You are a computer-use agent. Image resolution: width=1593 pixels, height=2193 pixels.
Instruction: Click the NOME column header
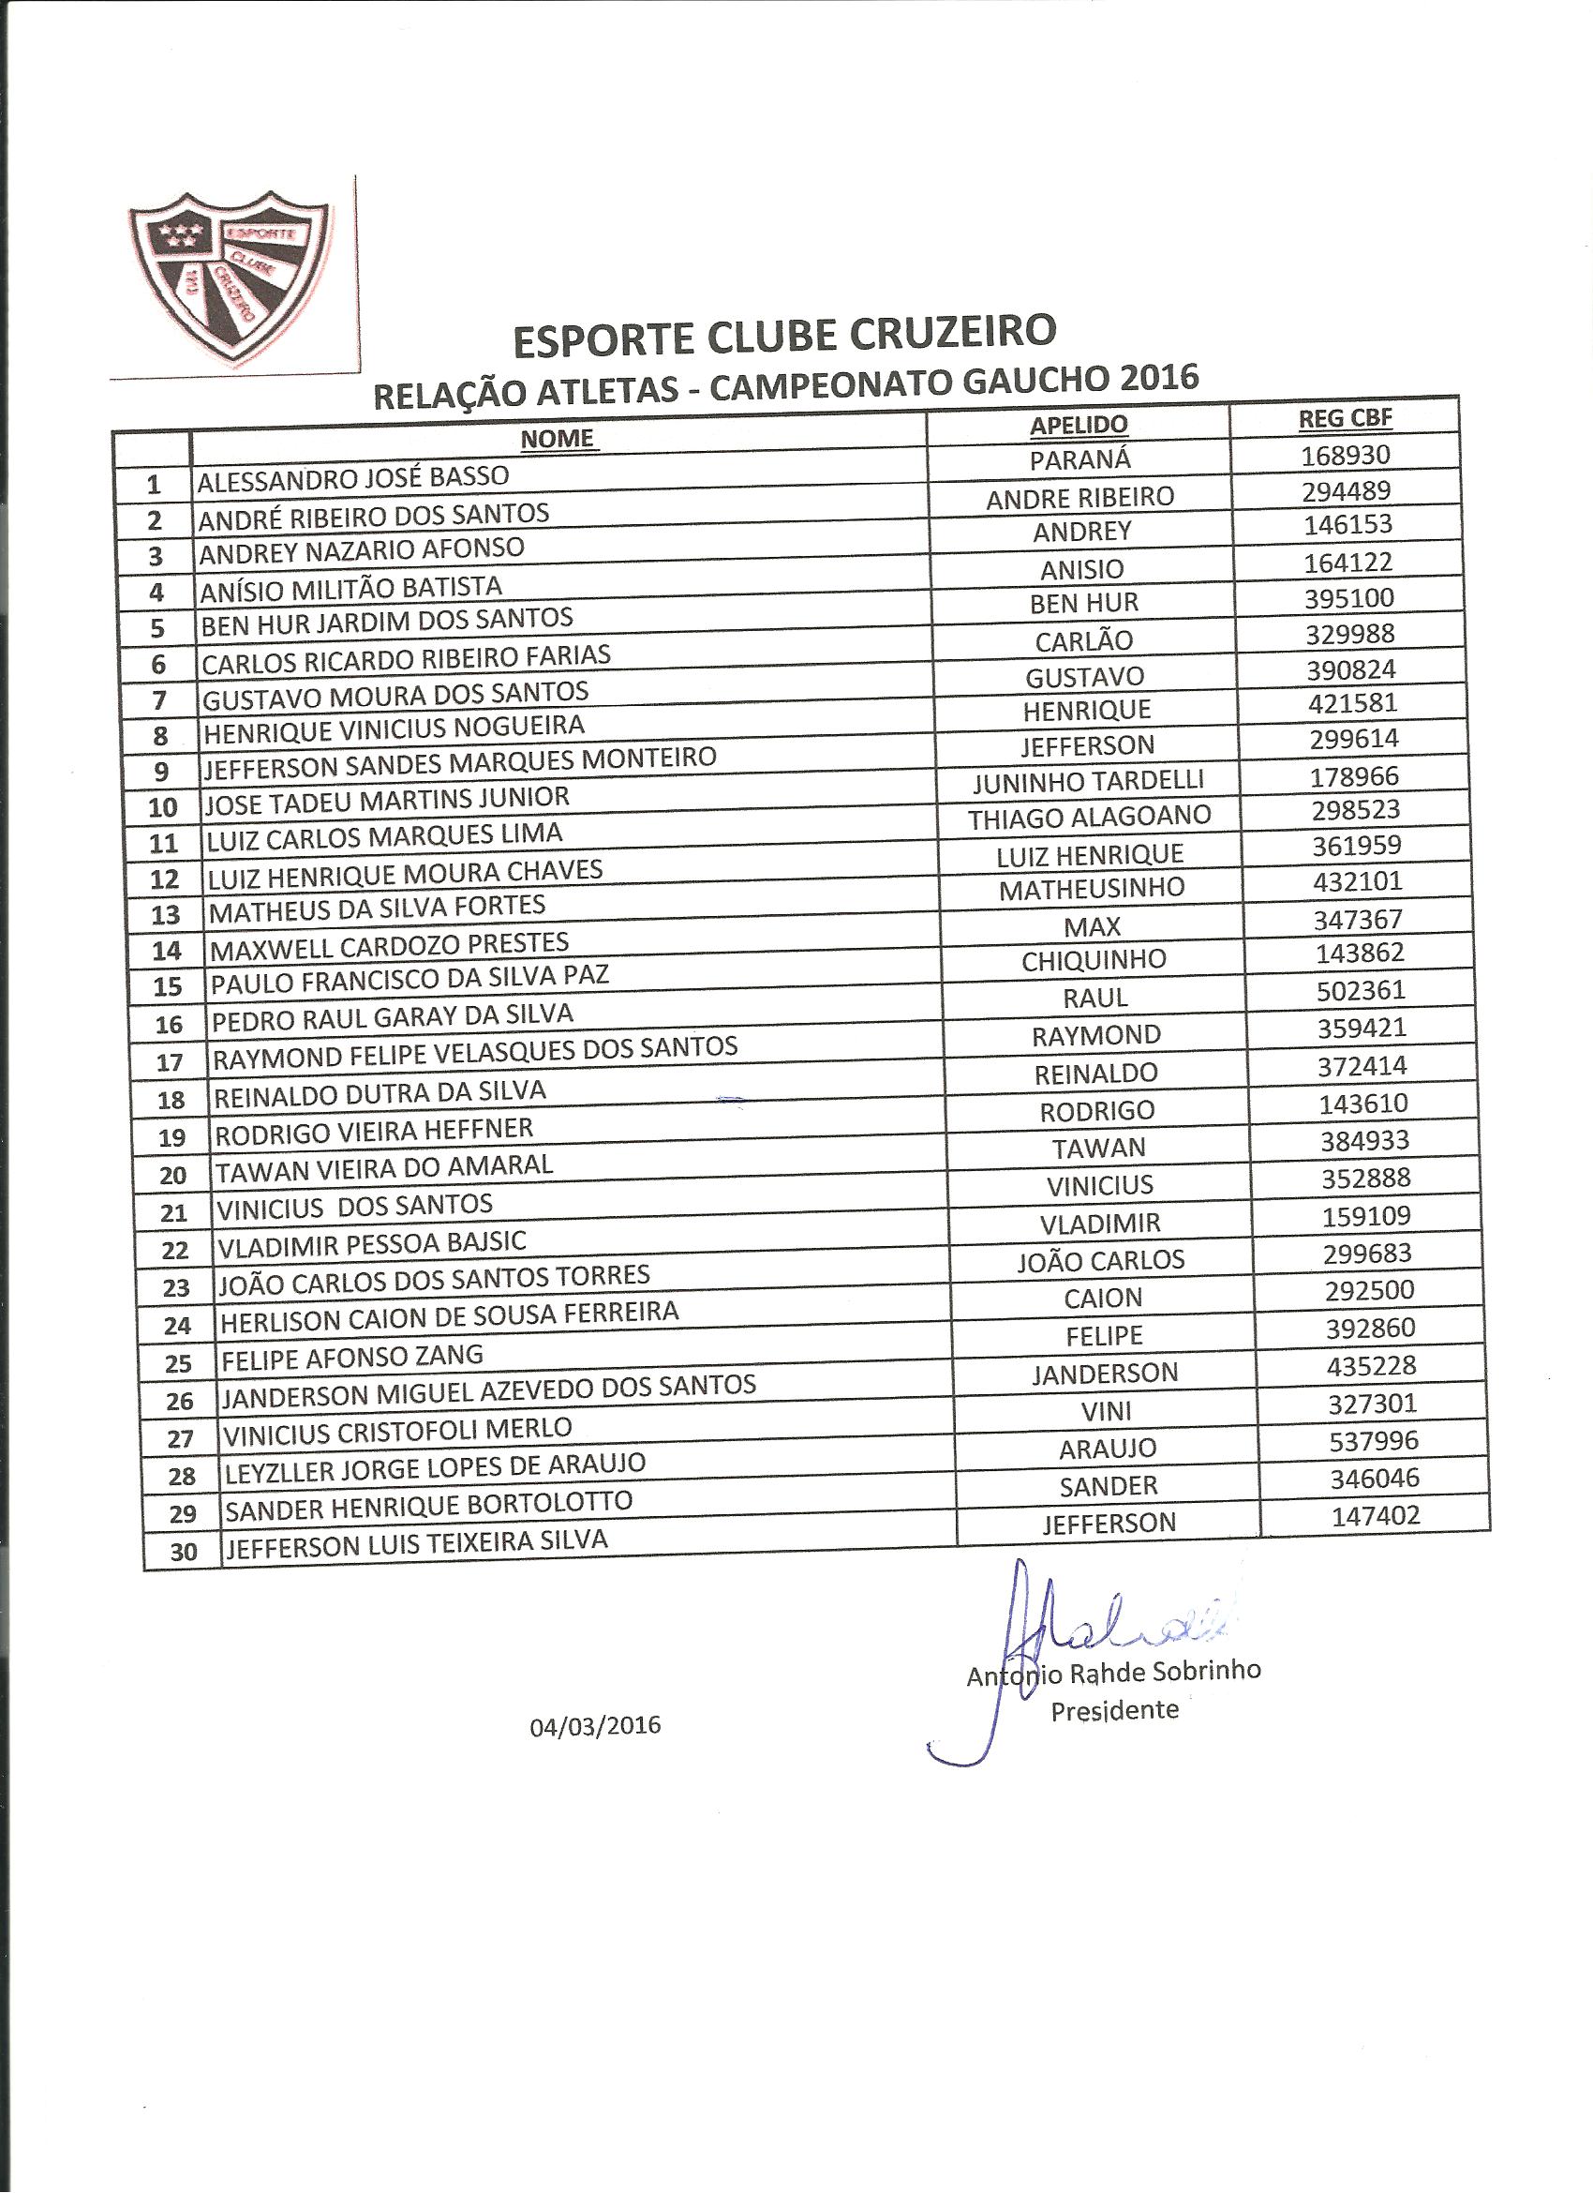[557, 438]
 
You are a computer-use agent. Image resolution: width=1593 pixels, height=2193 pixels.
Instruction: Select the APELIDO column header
[1079, 425]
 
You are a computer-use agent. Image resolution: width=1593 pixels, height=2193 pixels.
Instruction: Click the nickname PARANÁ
[1079, 460]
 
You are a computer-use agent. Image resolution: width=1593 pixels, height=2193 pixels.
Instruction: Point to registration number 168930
[1346, 455]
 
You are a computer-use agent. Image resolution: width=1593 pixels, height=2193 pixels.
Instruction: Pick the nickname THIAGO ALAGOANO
[1090, 817]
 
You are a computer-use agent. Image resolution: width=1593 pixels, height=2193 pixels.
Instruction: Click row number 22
[175, 1250]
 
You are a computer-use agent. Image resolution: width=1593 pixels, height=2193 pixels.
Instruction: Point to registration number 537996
[1373, 1441]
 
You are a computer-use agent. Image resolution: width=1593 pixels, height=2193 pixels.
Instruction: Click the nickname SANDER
[1109, 1485]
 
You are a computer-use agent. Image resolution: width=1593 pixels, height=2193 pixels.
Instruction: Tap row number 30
[183, 1552]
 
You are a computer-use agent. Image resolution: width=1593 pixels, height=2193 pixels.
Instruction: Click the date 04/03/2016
[594, 1725]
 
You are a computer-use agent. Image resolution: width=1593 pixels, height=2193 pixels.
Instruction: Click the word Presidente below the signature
[1114, 1709]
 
